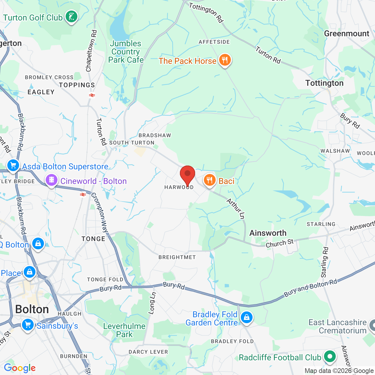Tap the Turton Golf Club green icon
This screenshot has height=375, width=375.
pyautogui.click(x=71, y=17)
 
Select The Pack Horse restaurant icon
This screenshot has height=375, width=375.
pyautogui.click(x=225, y=60)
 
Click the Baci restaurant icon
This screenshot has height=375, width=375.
pyautogui.click(x=210, y=180)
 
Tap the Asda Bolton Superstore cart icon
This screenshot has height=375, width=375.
pyautogui.click(x=13, y=166)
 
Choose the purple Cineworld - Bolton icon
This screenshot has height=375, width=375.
pyautogui.click(x=52, y=180)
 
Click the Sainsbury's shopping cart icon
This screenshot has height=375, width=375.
pyautogui.click(x=28, y=325)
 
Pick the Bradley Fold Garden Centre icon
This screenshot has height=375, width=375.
pyautogui.click(x=246, y=318)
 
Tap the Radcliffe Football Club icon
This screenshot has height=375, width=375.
pyautogui.click(x=330, y=357)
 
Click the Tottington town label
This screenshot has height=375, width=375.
pyautogui.click(x=324, y=83)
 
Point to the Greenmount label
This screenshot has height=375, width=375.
pyautogui.click(x=347, y=34)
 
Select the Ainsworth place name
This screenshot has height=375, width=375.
pyautogui.click(x=268, y=233)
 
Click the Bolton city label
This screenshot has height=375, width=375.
pyautogui.click(x=32, y=309)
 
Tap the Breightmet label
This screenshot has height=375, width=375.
pyautogui.click(x=177, y=257)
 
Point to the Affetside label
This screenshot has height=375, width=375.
pyautogui.click(x=214, y=42)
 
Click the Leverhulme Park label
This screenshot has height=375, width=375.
pyautogui.click(x=124, y=330)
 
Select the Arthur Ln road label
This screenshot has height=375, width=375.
pyautogui.click(x=236, y=208)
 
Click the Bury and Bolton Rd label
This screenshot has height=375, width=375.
pyautogui.click(x=311, y=288)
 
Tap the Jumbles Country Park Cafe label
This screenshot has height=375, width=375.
pyautogui.click(x=126, y=52)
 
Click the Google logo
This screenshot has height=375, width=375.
pyautogui.click(x=20, y=368)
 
